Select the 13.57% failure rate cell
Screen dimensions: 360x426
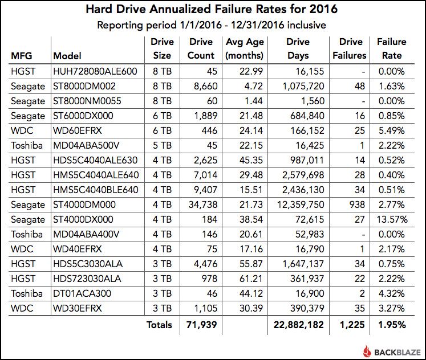(391, 219)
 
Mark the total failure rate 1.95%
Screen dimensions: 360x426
(391, 325)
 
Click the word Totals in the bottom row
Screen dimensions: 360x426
(159, 325)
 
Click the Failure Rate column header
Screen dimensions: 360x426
(391, 48)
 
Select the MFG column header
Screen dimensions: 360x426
(21, 56)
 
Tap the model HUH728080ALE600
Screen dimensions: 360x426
(95, 72)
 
